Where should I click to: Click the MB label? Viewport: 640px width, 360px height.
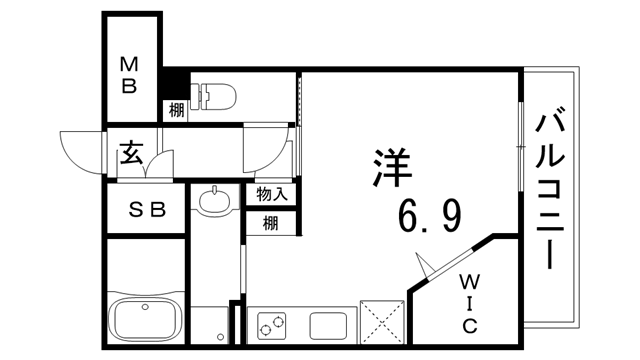[x=130, y=75]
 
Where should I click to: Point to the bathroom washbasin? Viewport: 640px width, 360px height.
[x=213, y=202]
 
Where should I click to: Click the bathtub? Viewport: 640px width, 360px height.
[x=145, y=319]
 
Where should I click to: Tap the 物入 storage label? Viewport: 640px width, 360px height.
[x=271, y=194]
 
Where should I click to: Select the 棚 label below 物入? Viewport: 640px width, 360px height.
[x=271, y=222]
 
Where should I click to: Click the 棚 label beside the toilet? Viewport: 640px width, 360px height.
[x=176, y=111]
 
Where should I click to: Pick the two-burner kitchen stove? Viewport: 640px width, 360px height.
[x=272, y=325]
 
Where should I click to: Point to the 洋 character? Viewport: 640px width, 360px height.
[x=391, y=167]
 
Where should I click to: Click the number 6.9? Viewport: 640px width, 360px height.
[x=430, y=214]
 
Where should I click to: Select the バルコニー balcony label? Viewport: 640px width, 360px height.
[x=549, y=191]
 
